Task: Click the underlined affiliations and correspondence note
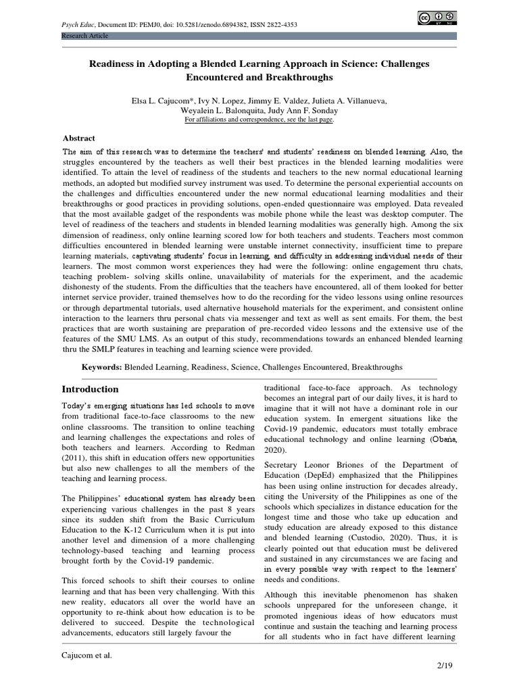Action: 259,120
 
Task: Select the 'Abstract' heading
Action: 78,138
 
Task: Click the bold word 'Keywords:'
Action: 101,366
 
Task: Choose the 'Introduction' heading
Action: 90,389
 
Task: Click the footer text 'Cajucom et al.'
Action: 84,655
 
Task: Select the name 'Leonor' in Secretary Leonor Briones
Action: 321,465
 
